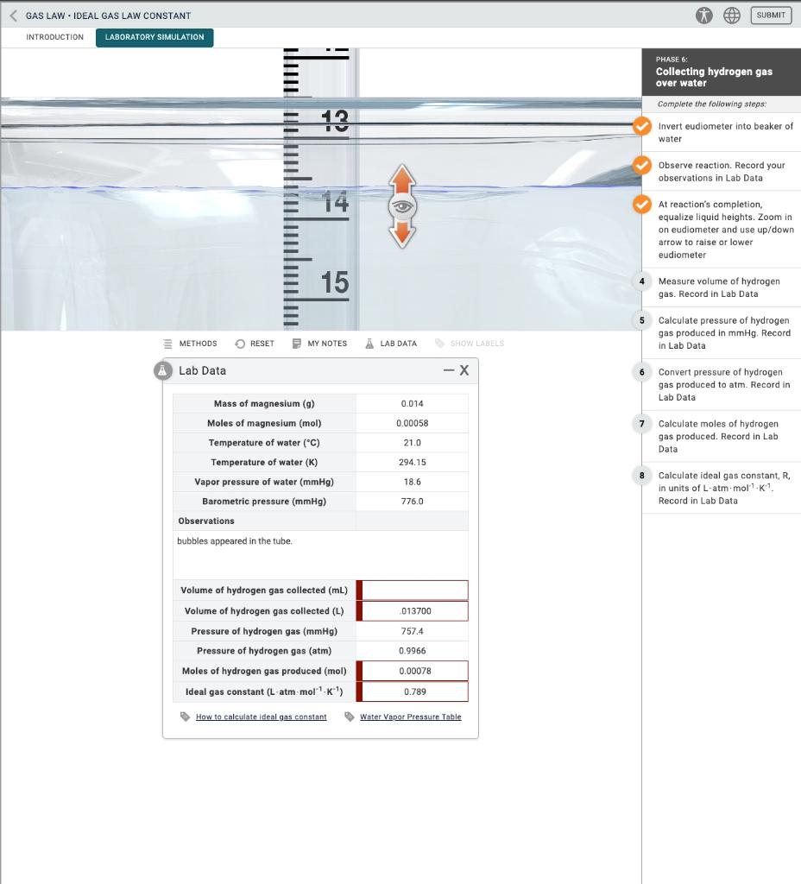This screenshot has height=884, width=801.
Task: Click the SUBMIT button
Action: (770, 16)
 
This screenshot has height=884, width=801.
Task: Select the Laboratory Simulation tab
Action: (155, 37)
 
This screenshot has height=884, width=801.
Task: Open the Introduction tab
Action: (55, 37)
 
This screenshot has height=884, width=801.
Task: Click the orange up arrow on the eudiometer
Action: (400, 182)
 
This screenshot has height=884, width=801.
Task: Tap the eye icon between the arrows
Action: (400, 208)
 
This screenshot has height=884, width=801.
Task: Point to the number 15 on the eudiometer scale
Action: (334, 282)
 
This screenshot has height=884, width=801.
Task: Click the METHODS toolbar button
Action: (192, 344)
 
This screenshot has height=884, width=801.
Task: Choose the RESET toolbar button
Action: (255, 344)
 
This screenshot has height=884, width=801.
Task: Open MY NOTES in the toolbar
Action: (320, 344)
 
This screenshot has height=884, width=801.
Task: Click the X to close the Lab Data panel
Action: (464, 370)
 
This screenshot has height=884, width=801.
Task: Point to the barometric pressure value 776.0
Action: (412, 502)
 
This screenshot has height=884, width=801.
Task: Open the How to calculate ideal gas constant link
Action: (261, 717)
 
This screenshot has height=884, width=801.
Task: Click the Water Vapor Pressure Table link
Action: (410, 717)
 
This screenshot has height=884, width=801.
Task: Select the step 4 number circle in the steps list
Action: (642, 281)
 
